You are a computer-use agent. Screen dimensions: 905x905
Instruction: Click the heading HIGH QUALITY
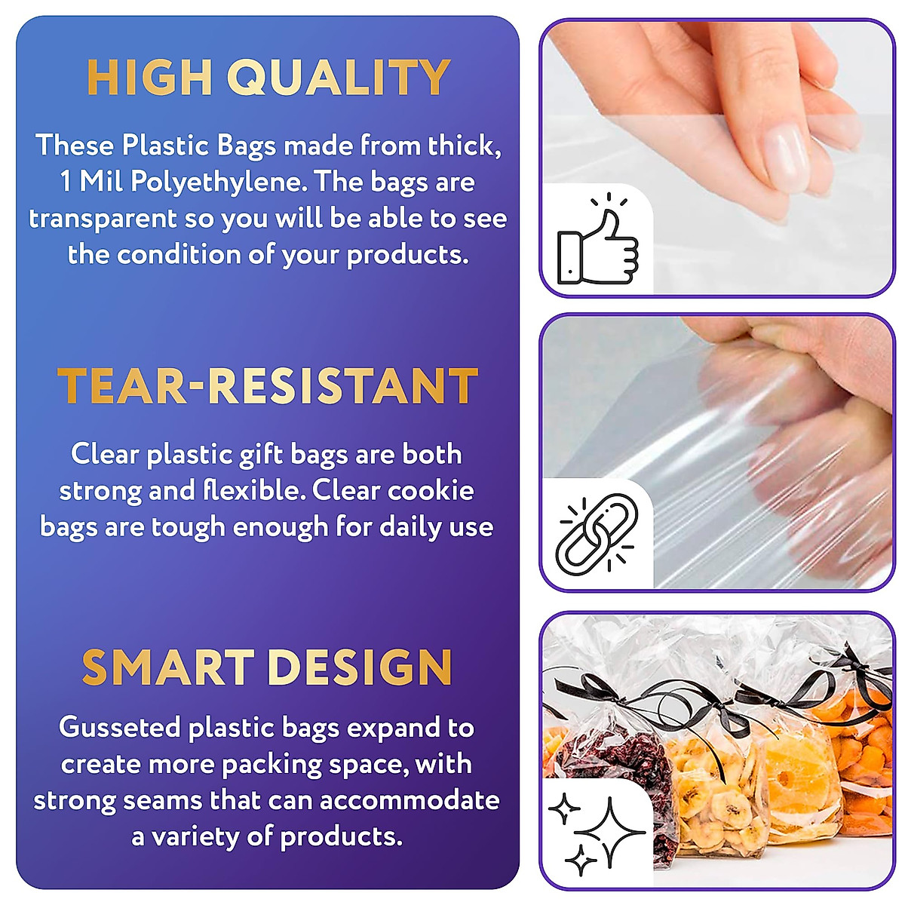click(268, 77)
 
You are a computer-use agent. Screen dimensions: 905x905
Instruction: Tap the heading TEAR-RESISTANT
click(268, 386)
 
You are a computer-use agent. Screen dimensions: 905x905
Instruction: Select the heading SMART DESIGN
click(267, 668)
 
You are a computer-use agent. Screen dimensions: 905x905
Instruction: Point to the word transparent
click(103, 219)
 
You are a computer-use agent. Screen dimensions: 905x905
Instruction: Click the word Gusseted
click(120, 728)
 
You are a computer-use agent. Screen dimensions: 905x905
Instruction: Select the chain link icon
click(596, 532)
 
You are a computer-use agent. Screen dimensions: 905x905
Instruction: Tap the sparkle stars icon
click(596, 830)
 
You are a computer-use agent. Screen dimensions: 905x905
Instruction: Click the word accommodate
click(410, 800)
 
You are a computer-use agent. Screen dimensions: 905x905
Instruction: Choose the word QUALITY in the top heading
click(339, 77)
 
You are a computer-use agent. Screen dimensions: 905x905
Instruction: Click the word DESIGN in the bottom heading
click(359, 668)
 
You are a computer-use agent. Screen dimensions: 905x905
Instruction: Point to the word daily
click(410, 527)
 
